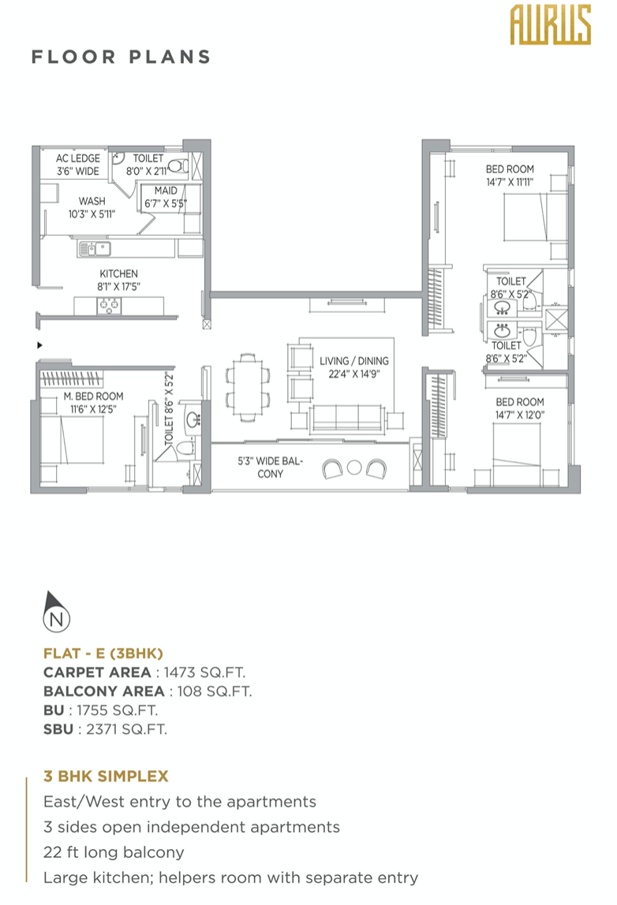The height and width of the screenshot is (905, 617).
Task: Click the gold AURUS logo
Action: point(551,24)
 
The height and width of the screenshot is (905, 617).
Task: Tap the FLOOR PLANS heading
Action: point(121,57)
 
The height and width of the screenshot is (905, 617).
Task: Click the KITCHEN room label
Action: point(118,274)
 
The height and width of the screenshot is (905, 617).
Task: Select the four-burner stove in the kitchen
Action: point(109,305)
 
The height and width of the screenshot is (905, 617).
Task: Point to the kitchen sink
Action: point(95,249)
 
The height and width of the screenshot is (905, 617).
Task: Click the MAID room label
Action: point(166,191)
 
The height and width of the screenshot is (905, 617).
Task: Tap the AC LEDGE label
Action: point(78,158)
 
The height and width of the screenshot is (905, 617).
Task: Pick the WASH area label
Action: point(92,201)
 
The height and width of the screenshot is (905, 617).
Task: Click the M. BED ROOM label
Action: point(94,397)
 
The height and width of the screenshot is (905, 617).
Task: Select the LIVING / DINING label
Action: point(354,361)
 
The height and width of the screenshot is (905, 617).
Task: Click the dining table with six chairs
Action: point(248,386)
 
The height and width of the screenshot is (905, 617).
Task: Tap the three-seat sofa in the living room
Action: point(346,419)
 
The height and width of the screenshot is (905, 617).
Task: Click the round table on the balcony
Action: point(354,467)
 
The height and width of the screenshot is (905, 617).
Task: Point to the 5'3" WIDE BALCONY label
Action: point(271,467)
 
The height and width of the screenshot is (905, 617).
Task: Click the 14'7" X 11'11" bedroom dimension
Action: point(510,182)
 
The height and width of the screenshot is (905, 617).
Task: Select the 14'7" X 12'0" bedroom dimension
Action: point(520,415)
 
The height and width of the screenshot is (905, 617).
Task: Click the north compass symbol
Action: point(55,612)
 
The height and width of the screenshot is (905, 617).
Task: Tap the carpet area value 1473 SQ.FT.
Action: point(204,672)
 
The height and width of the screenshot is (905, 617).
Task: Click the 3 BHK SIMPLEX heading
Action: point(106,777)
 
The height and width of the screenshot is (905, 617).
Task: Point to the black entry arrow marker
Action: point(39,345)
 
